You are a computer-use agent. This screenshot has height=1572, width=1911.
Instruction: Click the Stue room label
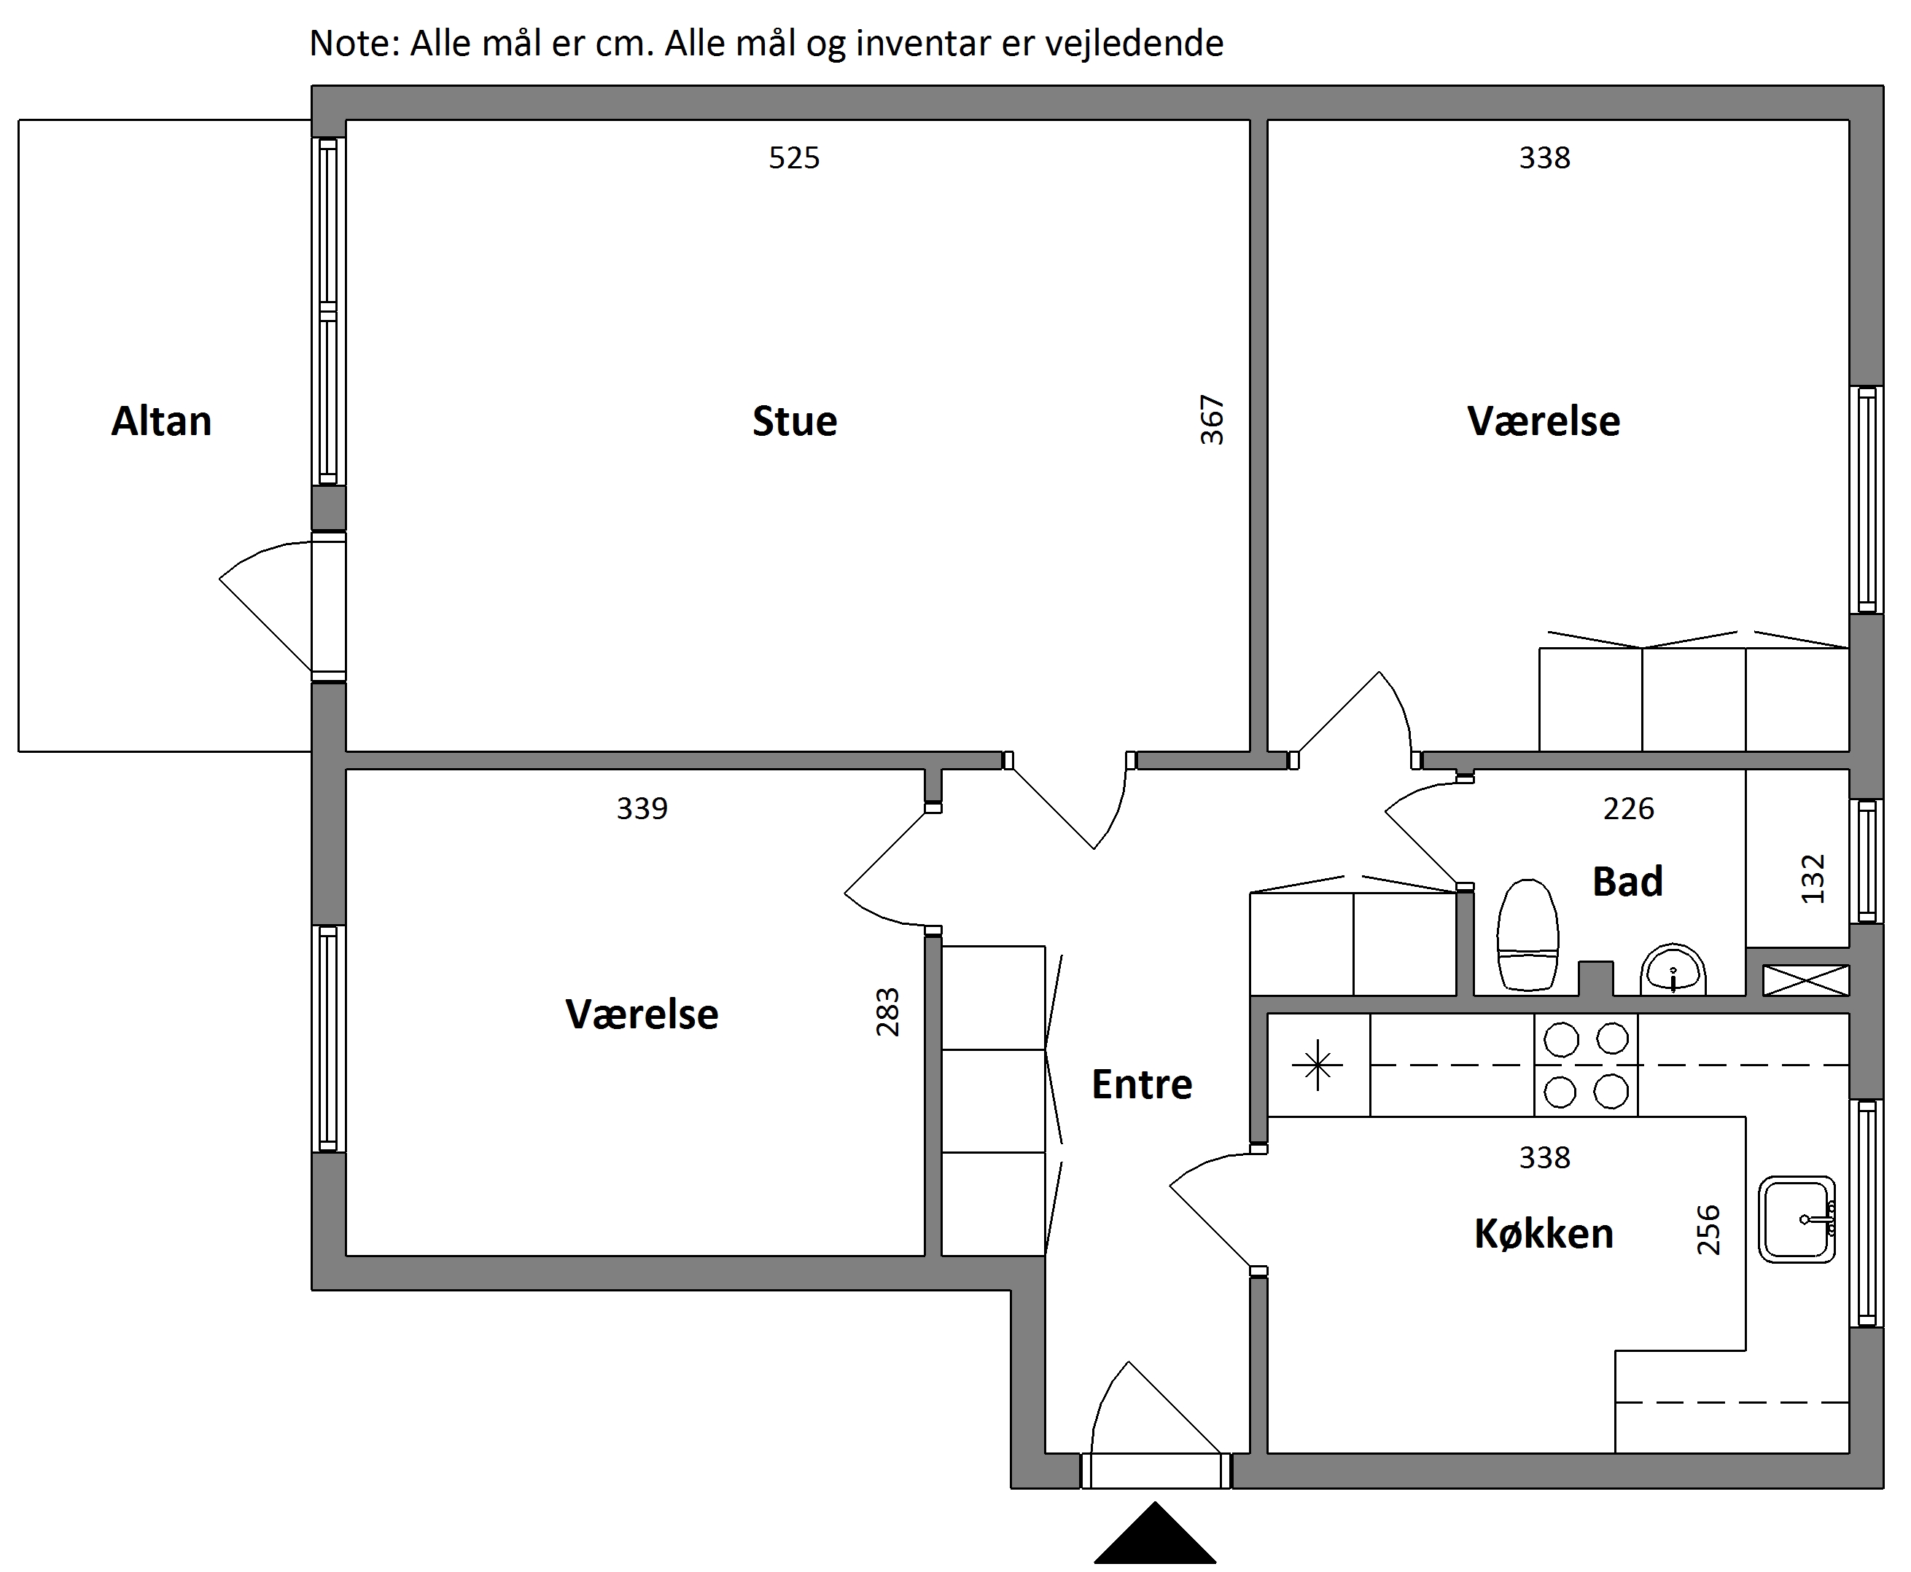[x=794, y=421]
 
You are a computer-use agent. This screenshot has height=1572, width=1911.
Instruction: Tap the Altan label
[x=161, y=421]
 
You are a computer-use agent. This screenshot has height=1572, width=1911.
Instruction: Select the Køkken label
[x=1544, y=1233]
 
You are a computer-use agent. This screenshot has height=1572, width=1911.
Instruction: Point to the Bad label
[x=1627, y=881]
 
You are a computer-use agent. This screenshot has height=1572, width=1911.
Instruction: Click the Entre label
[x=1141, y=1084]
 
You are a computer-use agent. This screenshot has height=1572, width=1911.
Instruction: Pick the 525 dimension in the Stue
[x=794, y=158]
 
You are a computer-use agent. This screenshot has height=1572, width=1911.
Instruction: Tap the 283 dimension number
[x=887, y=1012]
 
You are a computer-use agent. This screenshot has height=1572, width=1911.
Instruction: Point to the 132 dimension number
[x=1813, y=879]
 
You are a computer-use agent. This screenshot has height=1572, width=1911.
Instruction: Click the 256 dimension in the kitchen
[x=1708, y=1229]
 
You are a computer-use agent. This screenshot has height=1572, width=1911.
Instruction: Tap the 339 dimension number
[x=642, y=807]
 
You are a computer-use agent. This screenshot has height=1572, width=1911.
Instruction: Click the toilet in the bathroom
[x=1528, y=934]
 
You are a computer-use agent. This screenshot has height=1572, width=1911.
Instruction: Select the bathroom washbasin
[x=1673, y=969]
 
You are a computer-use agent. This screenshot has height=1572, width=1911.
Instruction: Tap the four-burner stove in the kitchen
[x=1586, y=1065]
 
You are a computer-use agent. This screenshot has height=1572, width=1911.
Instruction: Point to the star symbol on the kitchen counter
[x=1318, y=1065]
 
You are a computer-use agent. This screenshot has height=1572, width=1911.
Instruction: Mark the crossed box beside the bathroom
[x=1806, y=979]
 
